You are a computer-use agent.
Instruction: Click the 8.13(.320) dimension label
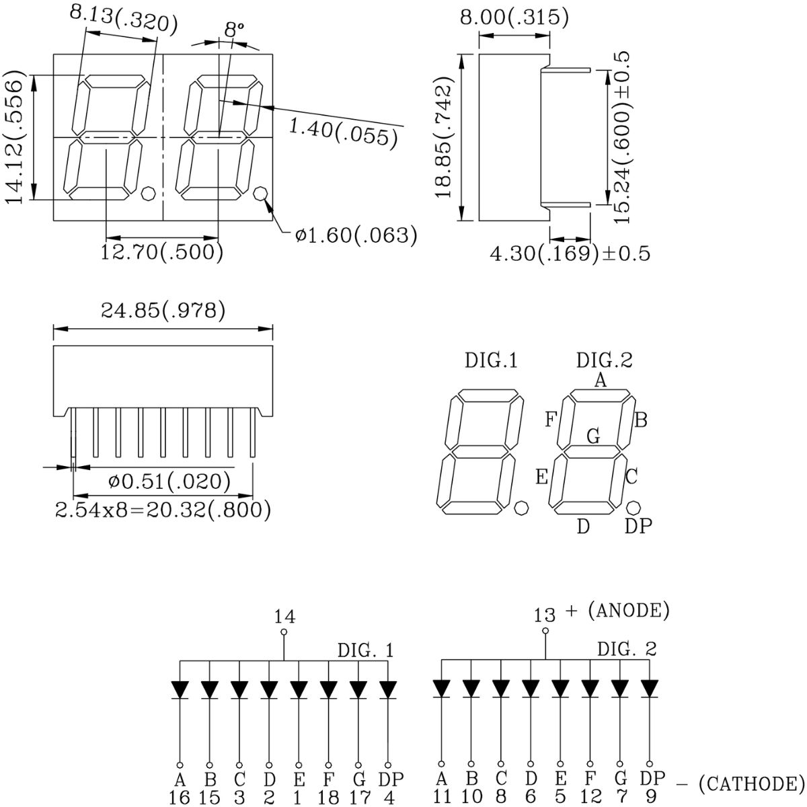click(x=124, y=20)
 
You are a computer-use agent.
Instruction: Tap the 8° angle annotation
click(x=233, y=30)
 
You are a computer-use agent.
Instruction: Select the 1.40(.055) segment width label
click(x=341, y=131)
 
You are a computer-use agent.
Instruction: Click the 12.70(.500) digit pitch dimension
click(x=162, y=252)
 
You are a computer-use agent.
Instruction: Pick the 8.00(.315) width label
click(x=514, y=17)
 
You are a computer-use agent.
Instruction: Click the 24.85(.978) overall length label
click(x=163, y=310)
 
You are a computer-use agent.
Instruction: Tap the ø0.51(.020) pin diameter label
click(x=169, y=482)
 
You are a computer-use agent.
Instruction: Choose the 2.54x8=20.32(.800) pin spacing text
click(x=163, y=510)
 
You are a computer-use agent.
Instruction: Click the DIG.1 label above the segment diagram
click(x=492, y=361)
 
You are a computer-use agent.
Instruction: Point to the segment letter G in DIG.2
click(x=593, y=436)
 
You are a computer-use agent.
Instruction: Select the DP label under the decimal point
click(x=638, y=527)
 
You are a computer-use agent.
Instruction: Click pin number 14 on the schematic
click(x=284, y=616)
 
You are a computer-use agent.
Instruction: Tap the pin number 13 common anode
click(x=545, y=615)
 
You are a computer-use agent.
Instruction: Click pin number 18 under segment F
click(x=328, y=797)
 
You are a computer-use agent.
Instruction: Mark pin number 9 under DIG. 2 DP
click(x=650, y=797)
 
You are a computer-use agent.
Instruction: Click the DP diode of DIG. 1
click(x=388, y=689)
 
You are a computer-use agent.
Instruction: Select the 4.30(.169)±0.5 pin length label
click(x=570, y=254)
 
